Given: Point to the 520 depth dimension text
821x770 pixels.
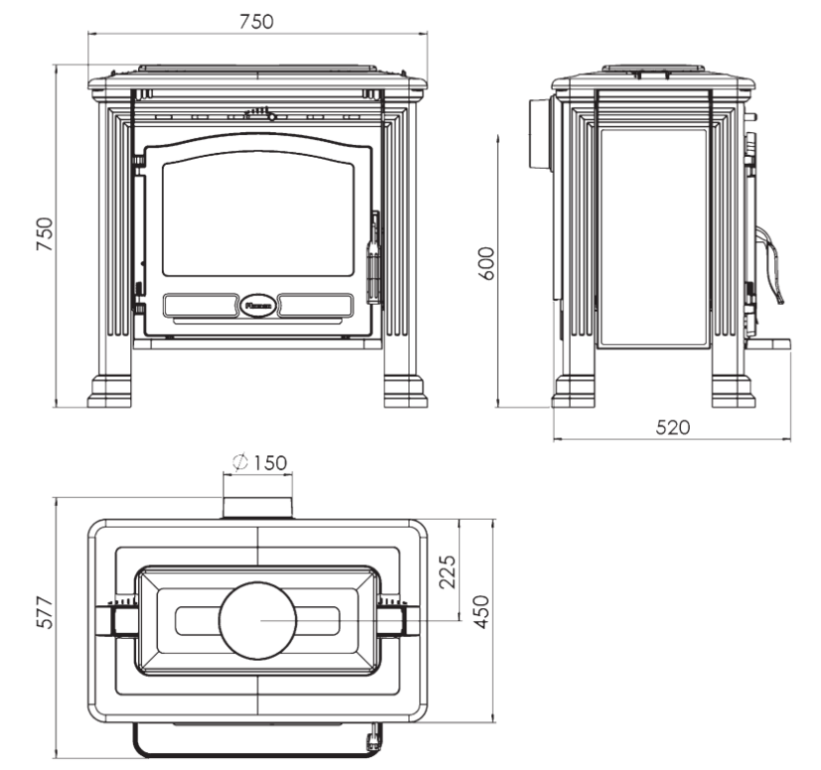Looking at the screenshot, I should (673, 427).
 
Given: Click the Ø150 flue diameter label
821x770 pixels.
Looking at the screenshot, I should (258, 462).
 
